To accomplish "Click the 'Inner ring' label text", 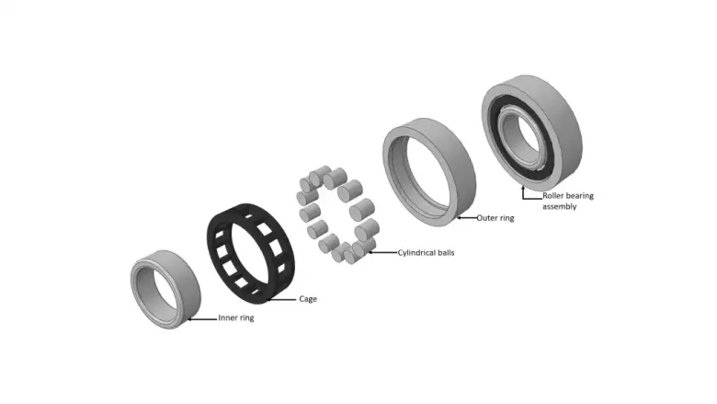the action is pos(236,317).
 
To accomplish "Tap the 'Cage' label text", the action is pos(308,299).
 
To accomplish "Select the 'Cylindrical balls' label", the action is pos(426,252).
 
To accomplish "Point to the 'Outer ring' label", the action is pos(495,218).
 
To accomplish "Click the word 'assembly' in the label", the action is pos(559,206).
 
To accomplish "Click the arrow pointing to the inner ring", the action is pos(202,319).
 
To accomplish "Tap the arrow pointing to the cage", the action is pos(281,300).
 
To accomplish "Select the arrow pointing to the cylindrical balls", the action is pos(382,252).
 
